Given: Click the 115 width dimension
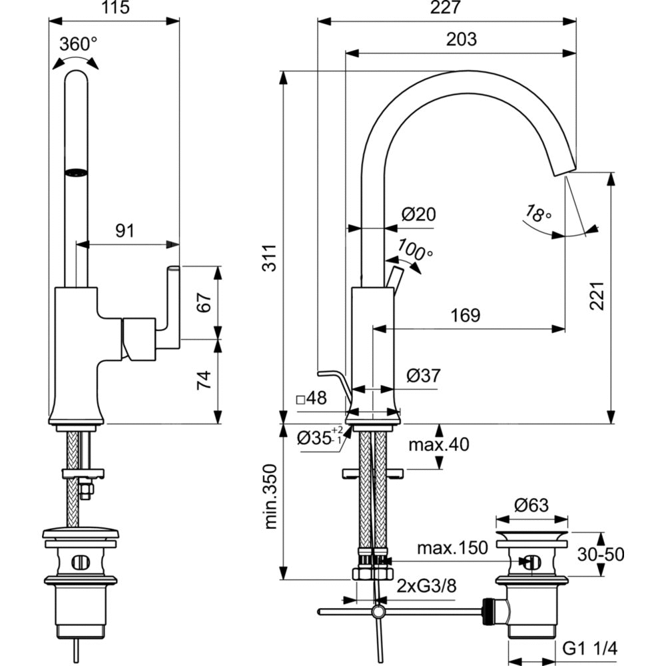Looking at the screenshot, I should (114, 8).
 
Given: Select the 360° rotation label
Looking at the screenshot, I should (79, 45).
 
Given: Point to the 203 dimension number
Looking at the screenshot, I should (462, 39).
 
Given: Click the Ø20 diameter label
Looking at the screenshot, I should (418, 214).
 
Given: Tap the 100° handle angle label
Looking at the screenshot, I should (415, 250).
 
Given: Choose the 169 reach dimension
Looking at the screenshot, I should (465, 315).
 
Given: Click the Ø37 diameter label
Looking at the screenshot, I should (424, 376).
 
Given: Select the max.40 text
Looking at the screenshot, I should (439, 444).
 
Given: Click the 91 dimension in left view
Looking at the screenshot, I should (125, 230).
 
